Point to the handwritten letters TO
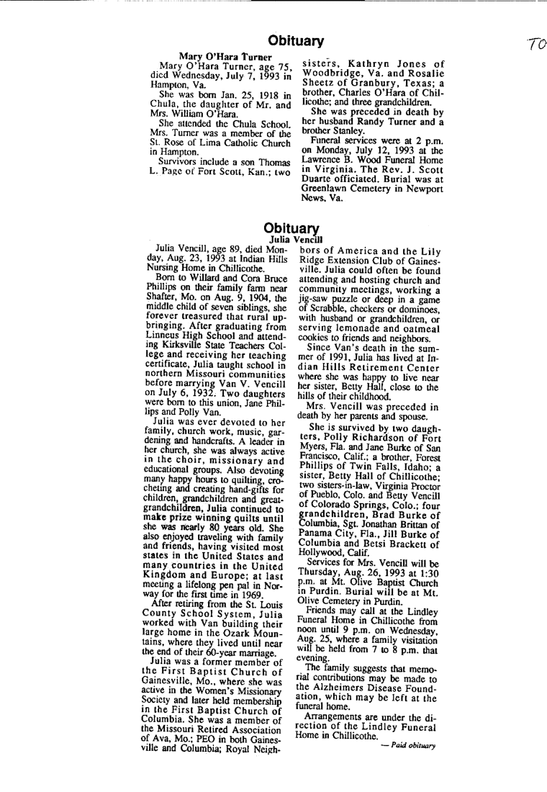(533, 45)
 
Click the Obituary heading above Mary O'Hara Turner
(296, 40)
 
